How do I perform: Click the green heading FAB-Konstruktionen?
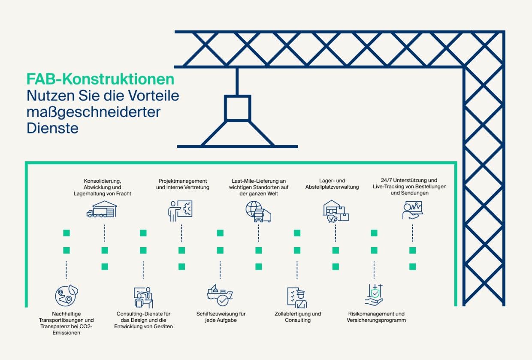[100, 79]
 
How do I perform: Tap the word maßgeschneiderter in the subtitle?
[94, 112]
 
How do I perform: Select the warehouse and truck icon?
[102, 209]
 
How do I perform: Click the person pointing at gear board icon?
[180, 211]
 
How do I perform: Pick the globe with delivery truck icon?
[258, 212]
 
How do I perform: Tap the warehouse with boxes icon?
[336, 212]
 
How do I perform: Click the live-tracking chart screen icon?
[413, 210]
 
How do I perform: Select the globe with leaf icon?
[66, 295]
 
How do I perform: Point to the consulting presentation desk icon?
[143, 297]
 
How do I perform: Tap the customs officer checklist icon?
[297, 297]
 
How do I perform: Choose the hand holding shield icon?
[374, 295]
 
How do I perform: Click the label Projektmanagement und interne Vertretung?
[183, 184]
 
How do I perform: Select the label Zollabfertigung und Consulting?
[298, 317]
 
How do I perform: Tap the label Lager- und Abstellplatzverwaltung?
[332, 184]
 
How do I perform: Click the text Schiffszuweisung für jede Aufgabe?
[221, 317]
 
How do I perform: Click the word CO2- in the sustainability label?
[86, 326]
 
